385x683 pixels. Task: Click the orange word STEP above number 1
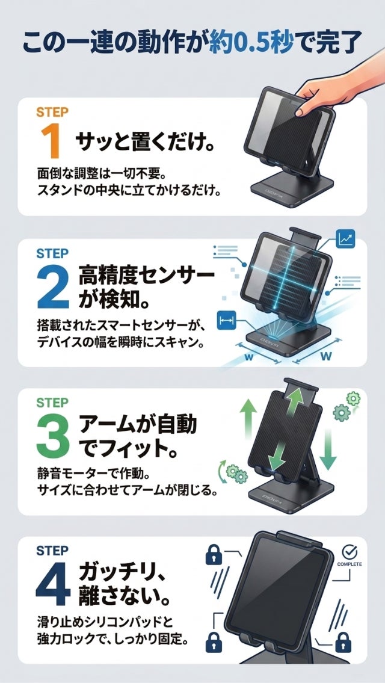point(52,112)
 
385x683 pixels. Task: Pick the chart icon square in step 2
point(346,238)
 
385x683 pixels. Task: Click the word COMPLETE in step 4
point(350,565)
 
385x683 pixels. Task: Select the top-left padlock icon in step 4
point(214,554)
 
